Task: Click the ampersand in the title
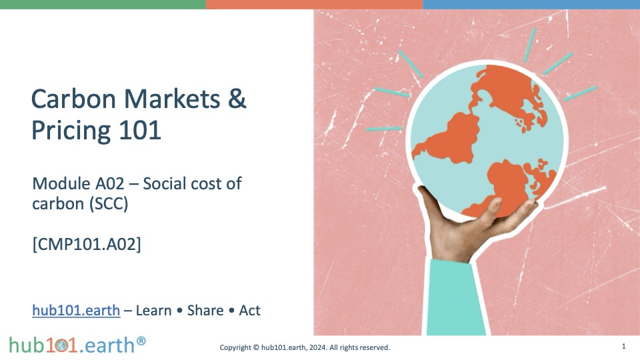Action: point(237,99)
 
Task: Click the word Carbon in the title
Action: point(73,99)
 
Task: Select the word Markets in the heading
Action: point(172,99)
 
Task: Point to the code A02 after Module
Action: point(109,184)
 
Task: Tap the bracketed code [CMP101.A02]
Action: point(87,244)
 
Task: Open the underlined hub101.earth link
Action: point(76,310)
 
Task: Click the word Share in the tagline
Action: point(205,310)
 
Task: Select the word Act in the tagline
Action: point(249,311)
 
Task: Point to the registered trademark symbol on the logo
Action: point(141,341)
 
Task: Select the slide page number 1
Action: point(623,346)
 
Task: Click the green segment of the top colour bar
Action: point(103,5)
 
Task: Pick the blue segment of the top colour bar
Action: point(531,5)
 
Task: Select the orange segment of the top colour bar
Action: point(314,5)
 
